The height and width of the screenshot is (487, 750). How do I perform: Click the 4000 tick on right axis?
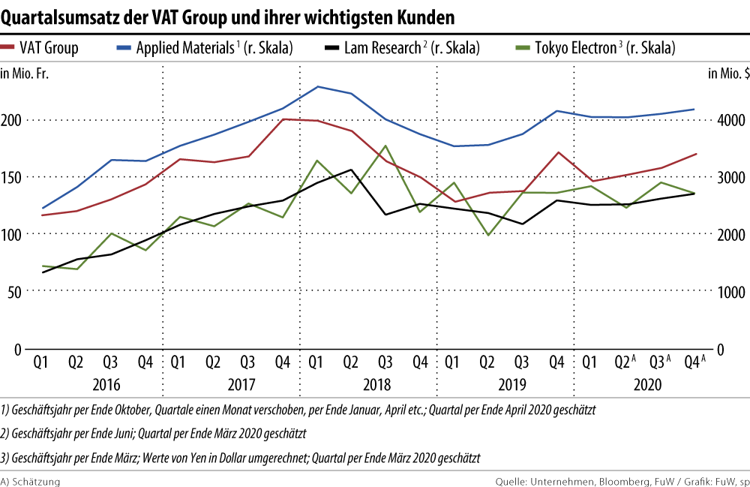(729, 120)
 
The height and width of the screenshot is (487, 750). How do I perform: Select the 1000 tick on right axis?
(729, 292)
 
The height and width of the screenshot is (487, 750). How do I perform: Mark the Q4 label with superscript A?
(695, 362)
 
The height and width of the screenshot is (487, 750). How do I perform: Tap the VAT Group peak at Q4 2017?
(283, 119)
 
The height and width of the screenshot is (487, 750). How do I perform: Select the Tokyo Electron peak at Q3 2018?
(385, 146)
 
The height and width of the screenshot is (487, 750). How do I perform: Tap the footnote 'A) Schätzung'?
(30, 480)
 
